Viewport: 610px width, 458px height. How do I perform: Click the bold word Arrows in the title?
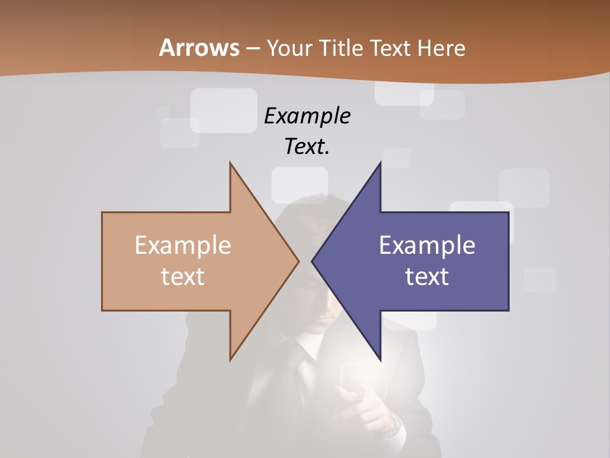[199, 48]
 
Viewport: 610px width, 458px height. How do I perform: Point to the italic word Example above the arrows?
[307, 116]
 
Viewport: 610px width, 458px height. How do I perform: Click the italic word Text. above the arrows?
[307, 146]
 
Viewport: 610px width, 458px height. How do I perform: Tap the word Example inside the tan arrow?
[183, 246]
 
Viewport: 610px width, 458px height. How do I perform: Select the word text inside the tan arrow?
[183, 276]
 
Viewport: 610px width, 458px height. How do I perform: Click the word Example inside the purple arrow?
[427, 246]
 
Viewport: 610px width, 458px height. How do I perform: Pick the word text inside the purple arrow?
[427, 276]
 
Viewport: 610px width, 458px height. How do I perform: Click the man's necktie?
[307, 369]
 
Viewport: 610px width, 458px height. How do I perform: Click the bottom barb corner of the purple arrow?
[380, 359]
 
